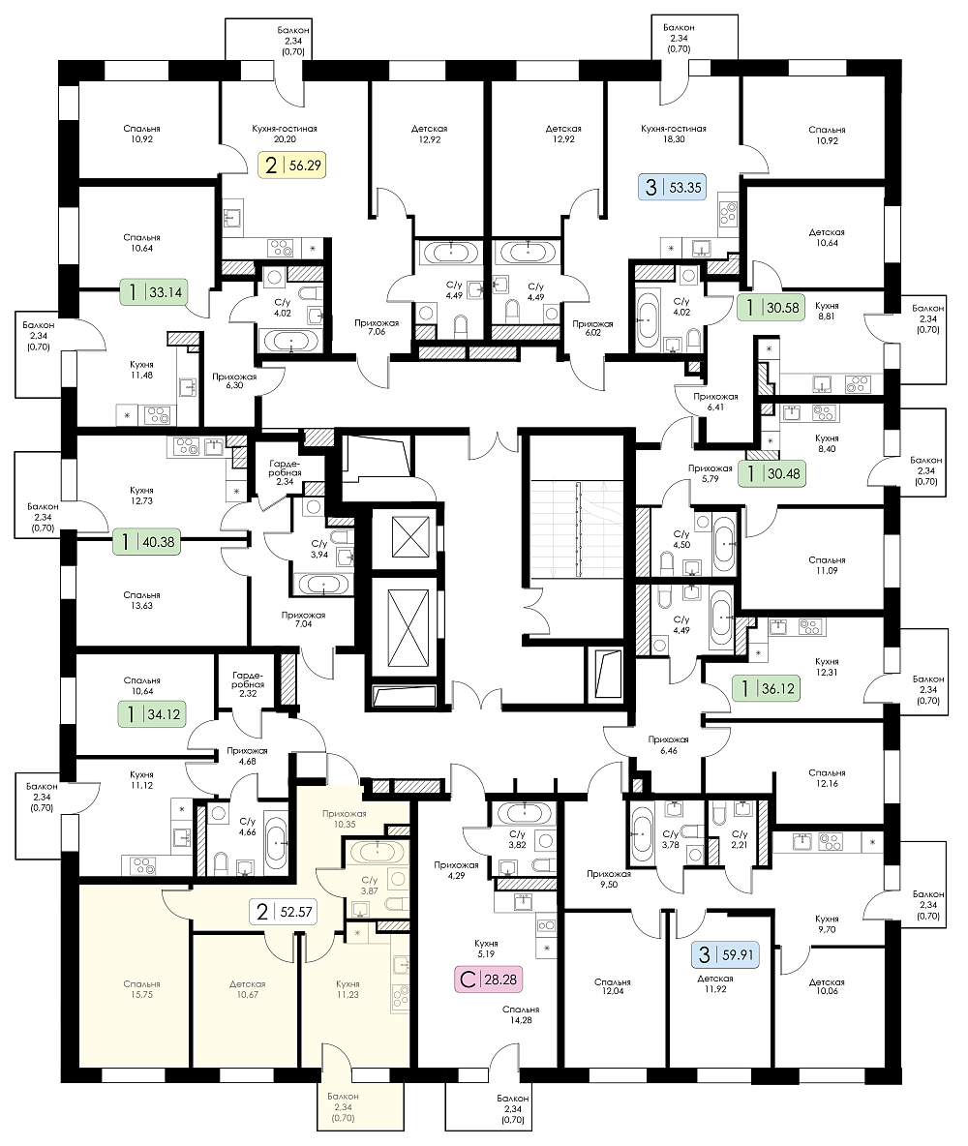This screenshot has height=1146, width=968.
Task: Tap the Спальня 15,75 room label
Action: click(x=141, y=989)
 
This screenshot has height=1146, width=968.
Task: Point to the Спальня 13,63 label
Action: click(x=141, y=600)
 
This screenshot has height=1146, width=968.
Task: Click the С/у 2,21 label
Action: click(x=741, y=839)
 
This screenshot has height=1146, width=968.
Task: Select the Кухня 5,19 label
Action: click(x=488, y=946)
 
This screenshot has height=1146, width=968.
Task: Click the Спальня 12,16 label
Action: click(x=828, y=778)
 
